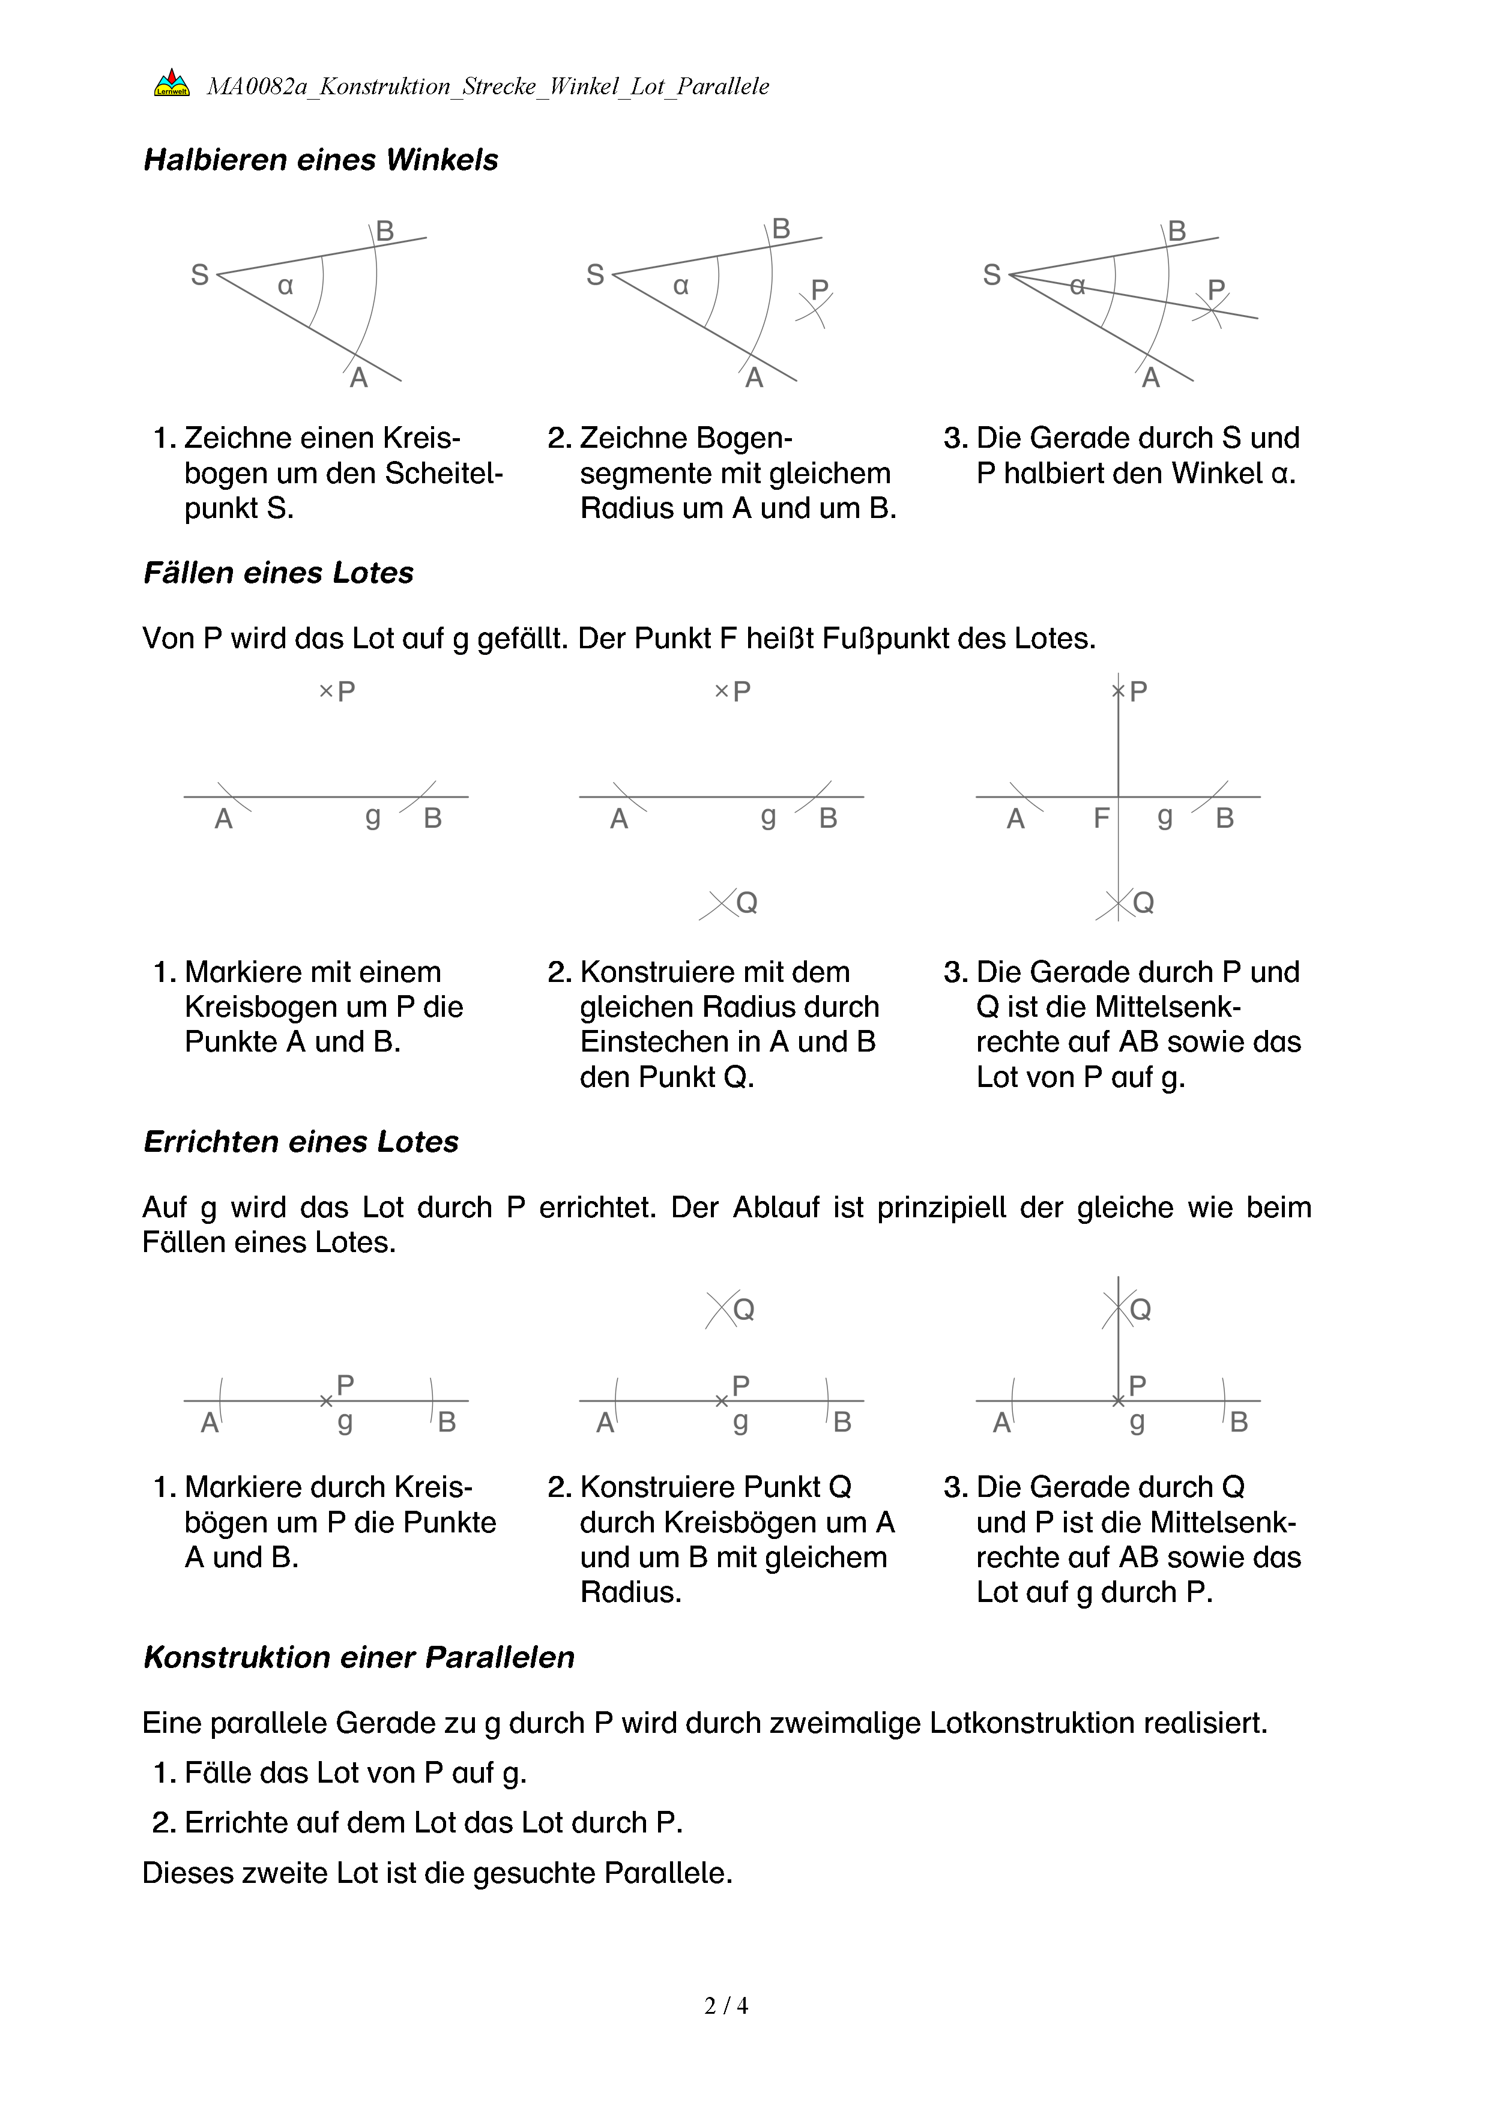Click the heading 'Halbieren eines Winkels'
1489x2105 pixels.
click(320, 160)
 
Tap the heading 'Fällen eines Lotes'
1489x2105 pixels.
click(278, 573)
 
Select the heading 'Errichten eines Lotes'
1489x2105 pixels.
click(301, 1142)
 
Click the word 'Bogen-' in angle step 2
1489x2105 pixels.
click(741, 438)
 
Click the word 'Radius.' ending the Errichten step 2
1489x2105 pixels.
click(631, 1592)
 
